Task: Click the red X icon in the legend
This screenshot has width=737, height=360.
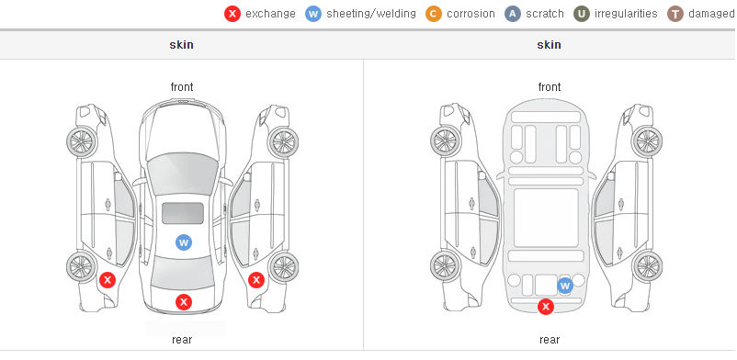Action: (x=232, y=14)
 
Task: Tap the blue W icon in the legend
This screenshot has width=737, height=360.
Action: (x=313, y=14)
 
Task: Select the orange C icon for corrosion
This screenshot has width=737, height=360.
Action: (x=434, y=14)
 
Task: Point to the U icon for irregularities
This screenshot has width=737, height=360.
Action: (x=582, y=14)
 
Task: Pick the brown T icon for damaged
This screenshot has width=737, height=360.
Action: (x=675, y=14)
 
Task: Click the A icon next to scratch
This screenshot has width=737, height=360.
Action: (x=513, y=14)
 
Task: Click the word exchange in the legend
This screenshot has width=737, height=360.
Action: (x=270, y=14)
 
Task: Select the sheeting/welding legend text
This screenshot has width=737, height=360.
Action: (x=371, y=14)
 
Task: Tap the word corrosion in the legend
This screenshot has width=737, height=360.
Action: (x=471, y=14)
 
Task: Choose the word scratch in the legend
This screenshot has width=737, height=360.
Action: (x=545, y=14)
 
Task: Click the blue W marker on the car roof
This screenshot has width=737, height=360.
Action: (x=184, y=242)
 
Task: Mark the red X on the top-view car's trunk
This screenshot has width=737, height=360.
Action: (x=184, y=302)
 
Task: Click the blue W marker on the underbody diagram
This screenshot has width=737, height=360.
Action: (x=565, y=286)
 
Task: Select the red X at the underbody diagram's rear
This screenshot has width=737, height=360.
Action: (x=546, y=307)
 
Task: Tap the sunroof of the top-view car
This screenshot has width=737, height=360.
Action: (x=183, y=213)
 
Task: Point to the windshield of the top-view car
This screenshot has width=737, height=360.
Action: (x=182, y=174)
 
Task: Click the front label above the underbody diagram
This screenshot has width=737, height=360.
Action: (x=550, y=87)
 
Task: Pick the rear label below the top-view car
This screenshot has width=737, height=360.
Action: (x=182, y=340)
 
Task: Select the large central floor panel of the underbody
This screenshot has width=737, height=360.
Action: (x=546, y=218)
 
